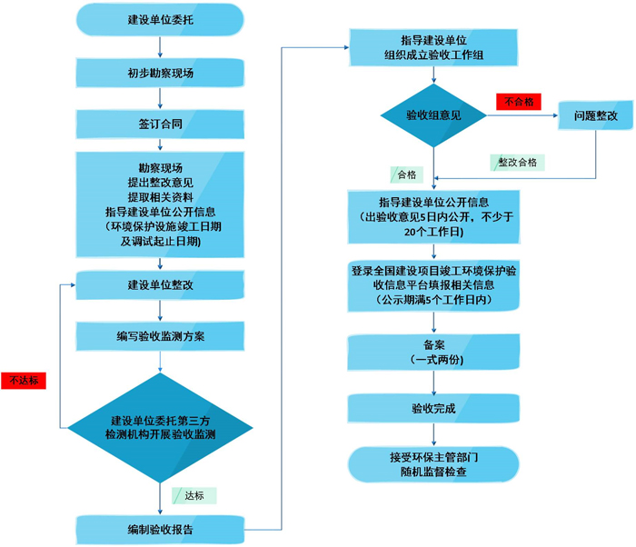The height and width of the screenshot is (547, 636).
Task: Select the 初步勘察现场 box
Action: pyautogui.click(x=160, y=73)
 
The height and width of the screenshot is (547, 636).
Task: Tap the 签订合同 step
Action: pyautogui.click(x=160, y=121)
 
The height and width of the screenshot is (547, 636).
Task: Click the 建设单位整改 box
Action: pyautogui.click(x=160, y=285)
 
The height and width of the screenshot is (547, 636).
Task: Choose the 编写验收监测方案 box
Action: pyautogui.click(x=160, y=336)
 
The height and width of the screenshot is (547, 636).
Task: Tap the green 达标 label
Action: pyautogui.click(x=194, y=496)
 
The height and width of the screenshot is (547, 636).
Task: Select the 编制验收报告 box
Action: pyautogui.click(x=160, y=529)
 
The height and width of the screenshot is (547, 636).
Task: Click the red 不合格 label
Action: pyautogui.click(x=519, y=102)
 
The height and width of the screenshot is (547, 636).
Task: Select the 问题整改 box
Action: pyautogui.click(x=595, y=115)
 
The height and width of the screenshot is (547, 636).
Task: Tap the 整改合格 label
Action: pyautogui.click(x=518, y=162)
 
